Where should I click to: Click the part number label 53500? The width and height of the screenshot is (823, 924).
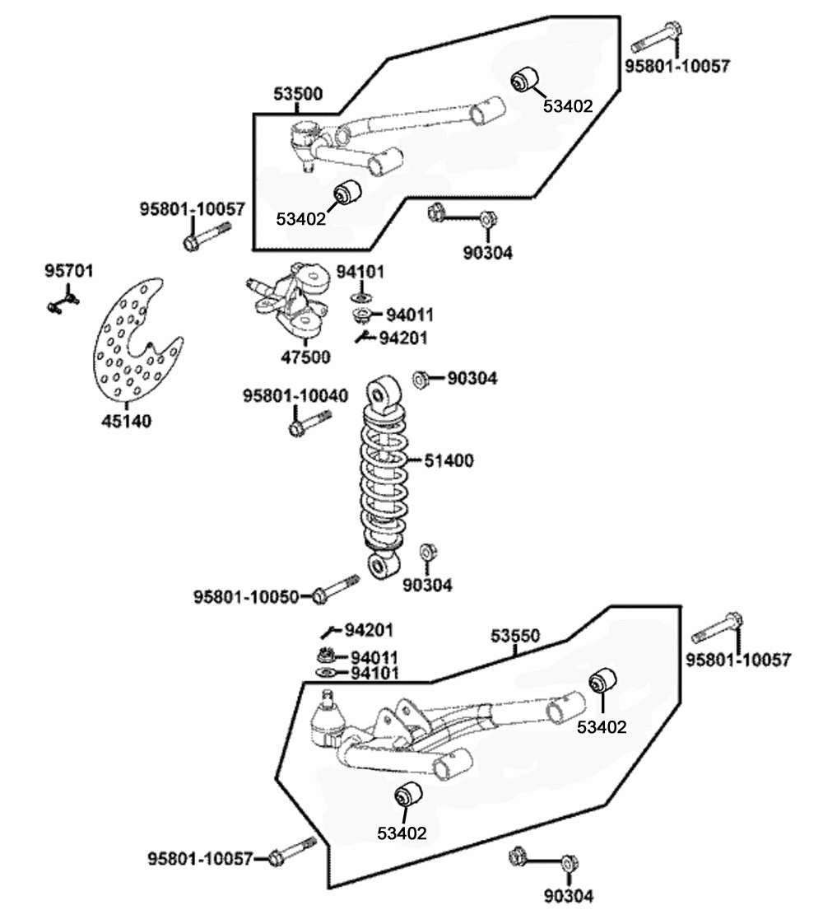298,94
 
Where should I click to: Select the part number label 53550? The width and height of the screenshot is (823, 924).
515,636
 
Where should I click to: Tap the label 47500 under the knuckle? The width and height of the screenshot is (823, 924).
305,357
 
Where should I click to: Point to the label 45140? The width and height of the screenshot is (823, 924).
127,421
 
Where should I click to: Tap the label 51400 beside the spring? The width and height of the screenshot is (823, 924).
449,460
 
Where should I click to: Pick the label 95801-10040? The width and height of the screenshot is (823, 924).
295,395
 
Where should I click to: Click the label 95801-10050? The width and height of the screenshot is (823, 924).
246,597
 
